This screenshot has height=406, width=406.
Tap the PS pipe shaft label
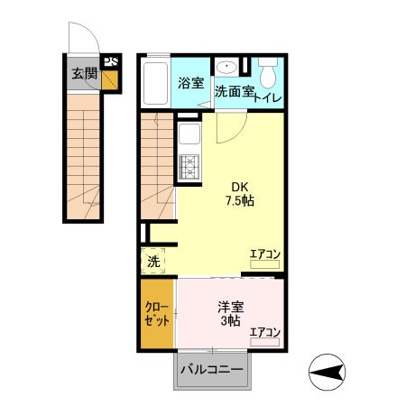[x=111, y=62]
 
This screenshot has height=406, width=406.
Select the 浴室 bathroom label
[x=189, y=84]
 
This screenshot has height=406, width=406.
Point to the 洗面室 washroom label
[x=232, y=91]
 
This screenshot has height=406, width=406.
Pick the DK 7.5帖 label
[x=239, y=194]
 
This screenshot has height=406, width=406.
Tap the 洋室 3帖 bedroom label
[x=228, y=313]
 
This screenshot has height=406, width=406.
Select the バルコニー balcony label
[x=211, y=370]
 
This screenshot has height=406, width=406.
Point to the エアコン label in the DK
[x=265, y=254]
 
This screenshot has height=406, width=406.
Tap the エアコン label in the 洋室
[x=265, y=332]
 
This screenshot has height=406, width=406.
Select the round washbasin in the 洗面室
[x=228, y=68]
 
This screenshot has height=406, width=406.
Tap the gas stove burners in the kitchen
[x=189, y=167]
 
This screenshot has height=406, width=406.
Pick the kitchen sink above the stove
[x=189, y=136]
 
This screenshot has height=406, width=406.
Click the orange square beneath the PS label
[x=111, y=81]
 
